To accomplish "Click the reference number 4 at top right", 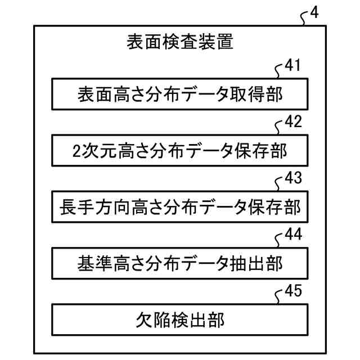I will (313, 12).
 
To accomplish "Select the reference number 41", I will (292, 66).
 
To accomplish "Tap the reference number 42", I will (292, 121).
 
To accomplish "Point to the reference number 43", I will (292, 178).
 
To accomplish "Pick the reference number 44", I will (292, 234).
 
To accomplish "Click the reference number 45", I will (292, 290).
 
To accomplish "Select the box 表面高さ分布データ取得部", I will (180, 94).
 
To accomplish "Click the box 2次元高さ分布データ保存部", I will (180, 151).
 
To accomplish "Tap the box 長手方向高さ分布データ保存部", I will (180, 207).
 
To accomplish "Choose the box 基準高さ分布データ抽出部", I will (180, 263).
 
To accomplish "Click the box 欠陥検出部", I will (180, 319).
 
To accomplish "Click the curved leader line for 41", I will (280, 70).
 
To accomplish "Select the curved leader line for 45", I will (280, 295).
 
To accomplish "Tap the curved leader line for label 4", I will (304, 18).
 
